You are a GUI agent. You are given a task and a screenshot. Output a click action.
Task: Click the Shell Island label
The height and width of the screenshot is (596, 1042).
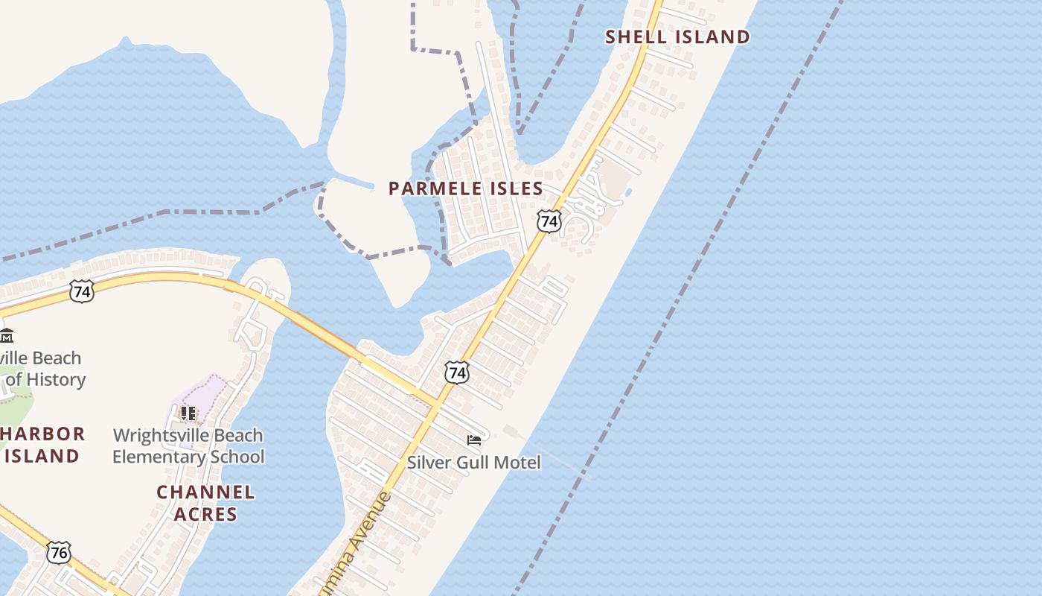click(677, 37)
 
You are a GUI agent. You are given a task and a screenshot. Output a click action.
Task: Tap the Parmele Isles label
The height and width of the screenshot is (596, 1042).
click(466, 188)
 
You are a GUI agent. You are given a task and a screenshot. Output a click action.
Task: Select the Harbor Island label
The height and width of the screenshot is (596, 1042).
click(42, 445)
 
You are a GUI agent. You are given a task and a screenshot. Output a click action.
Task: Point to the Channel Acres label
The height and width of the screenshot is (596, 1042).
click(205, 503)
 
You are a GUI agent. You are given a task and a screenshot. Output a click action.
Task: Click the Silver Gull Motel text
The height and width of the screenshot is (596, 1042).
click(473, 463)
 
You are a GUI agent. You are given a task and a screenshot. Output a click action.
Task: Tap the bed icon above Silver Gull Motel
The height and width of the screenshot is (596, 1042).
click(474, 440)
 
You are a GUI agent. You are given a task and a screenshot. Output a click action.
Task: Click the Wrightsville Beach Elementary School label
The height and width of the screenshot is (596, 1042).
click(188, 446)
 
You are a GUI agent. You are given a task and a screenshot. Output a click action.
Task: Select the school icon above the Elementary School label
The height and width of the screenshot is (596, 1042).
click(188, 413)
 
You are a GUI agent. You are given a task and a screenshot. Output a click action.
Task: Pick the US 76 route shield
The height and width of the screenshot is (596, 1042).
click(59, 553)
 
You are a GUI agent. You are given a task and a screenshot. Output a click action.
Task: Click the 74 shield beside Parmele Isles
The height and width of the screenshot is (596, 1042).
click(549, 221)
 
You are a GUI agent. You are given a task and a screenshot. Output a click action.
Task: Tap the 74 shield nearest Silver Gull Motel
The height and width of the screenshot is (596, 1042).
click(457, 372)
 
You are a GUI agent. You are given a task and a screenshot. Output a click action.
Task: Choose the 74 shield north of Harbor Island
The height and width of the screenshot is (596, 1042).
click(82, 291)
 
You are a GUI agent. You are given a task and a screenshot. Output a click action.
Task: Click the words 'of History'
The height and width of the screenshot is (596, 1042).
click(45, 379)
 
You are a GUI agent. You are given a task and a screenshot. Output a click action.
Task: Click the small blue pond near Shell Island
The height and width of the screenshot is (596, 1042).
click(629, 192)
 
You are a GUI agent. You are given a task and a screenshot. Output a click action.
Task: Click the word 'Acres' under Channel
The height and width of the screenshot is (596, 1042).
click(206, 514)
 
